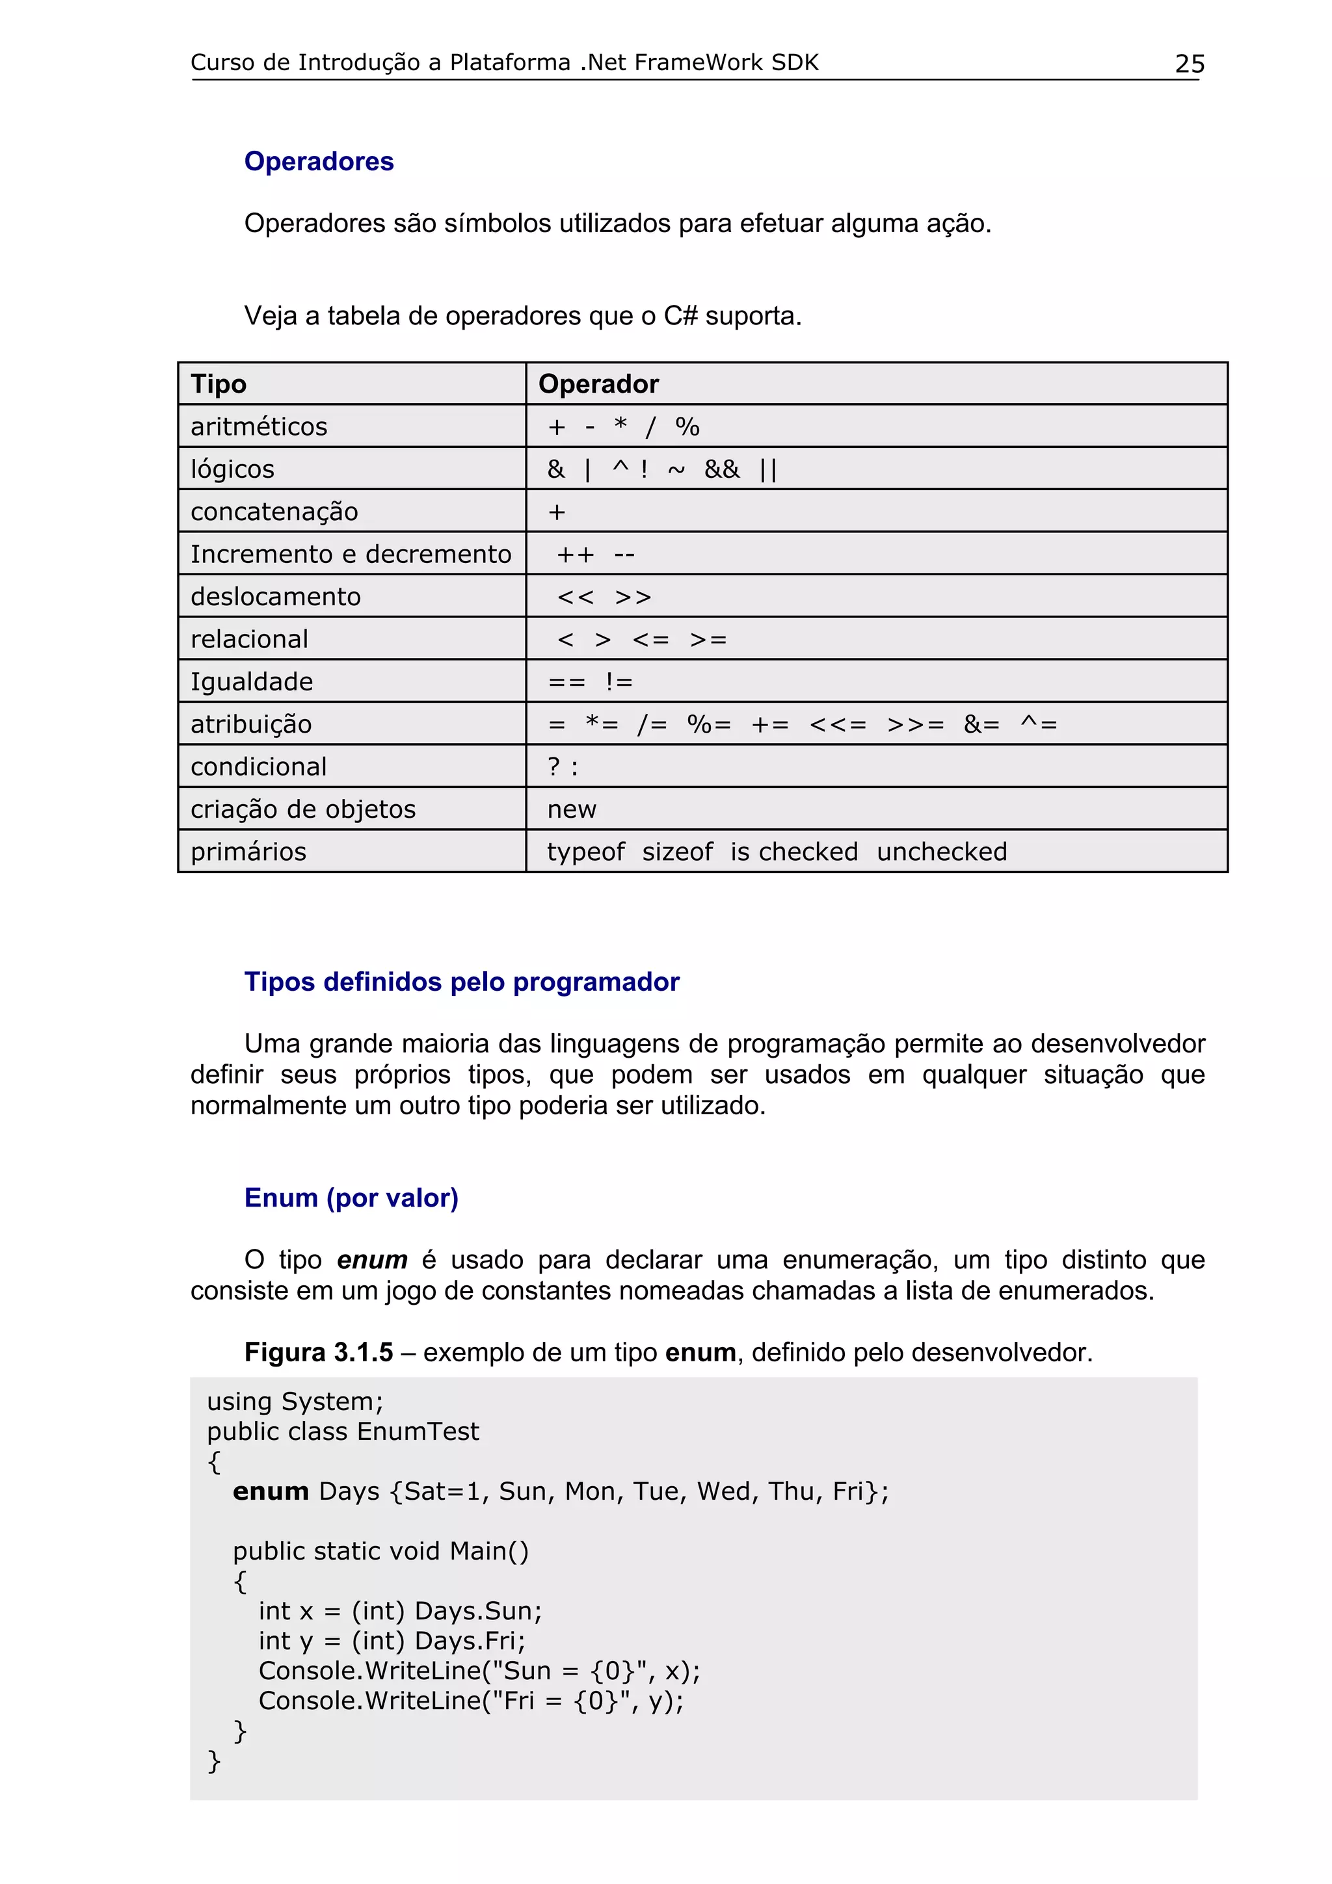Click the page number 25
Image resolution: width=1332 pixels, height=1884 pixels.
(x=1189, y=64)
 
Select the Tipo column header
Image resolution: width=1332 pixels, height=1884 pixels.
(x=219, y=384)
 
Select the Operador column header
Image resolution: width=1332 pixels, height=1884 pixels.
(x=598, y=384)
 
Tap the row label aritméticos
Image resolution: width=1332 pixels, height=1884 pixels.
(x=258, y=426)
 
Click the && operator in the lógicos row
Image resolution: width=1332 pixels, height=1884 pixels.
(x=721, y=469)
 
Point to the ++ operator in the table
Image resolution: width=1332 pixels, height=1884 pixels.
(x=574, y=555)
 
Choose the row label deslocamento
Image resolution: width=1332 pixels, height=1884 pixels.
(x=276, y=597)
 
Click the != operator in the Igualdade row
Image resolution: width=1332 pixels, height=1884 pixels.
(x=619, y=682)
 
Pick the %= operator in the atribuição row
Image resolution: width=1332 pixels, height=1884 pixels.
(x=708, y=725)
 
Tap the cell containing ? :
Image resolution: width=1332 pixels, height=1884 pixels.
(x=563, y=767)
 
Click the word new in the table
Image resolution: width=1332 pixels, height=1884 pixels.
(x=571, y=810)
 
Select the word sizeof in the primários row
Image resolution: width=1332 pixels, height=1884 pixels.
(x=677, y=852)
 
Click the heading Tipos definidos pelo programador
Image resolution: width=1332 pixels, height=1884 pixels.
(x=461, y=982)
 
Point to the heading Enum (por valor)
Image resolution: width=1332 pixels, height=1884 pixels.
(x=351, y=1198)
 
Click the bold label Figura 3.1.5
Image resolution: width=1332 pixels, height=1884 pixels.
(x=319, y=1352)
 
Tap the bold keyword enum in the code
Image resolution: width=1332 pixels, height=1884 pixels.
(x=270, y=1491)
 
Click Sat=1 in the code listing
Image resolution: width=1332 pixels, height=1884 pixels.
(x=442, y=1491)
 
